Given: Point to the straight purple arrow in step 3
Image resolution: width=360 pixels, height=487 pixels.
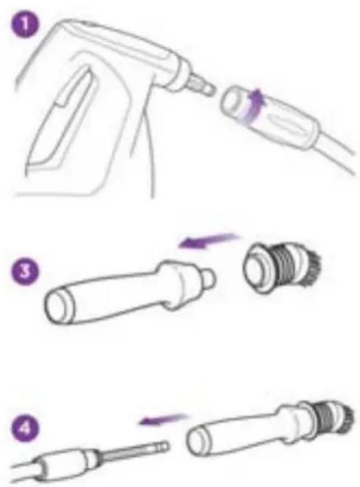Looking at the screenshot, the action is tap(209, 241).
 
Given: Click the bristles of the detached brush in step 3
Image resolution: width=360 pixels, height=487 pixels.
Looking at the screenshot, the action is tap(313, 266).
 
